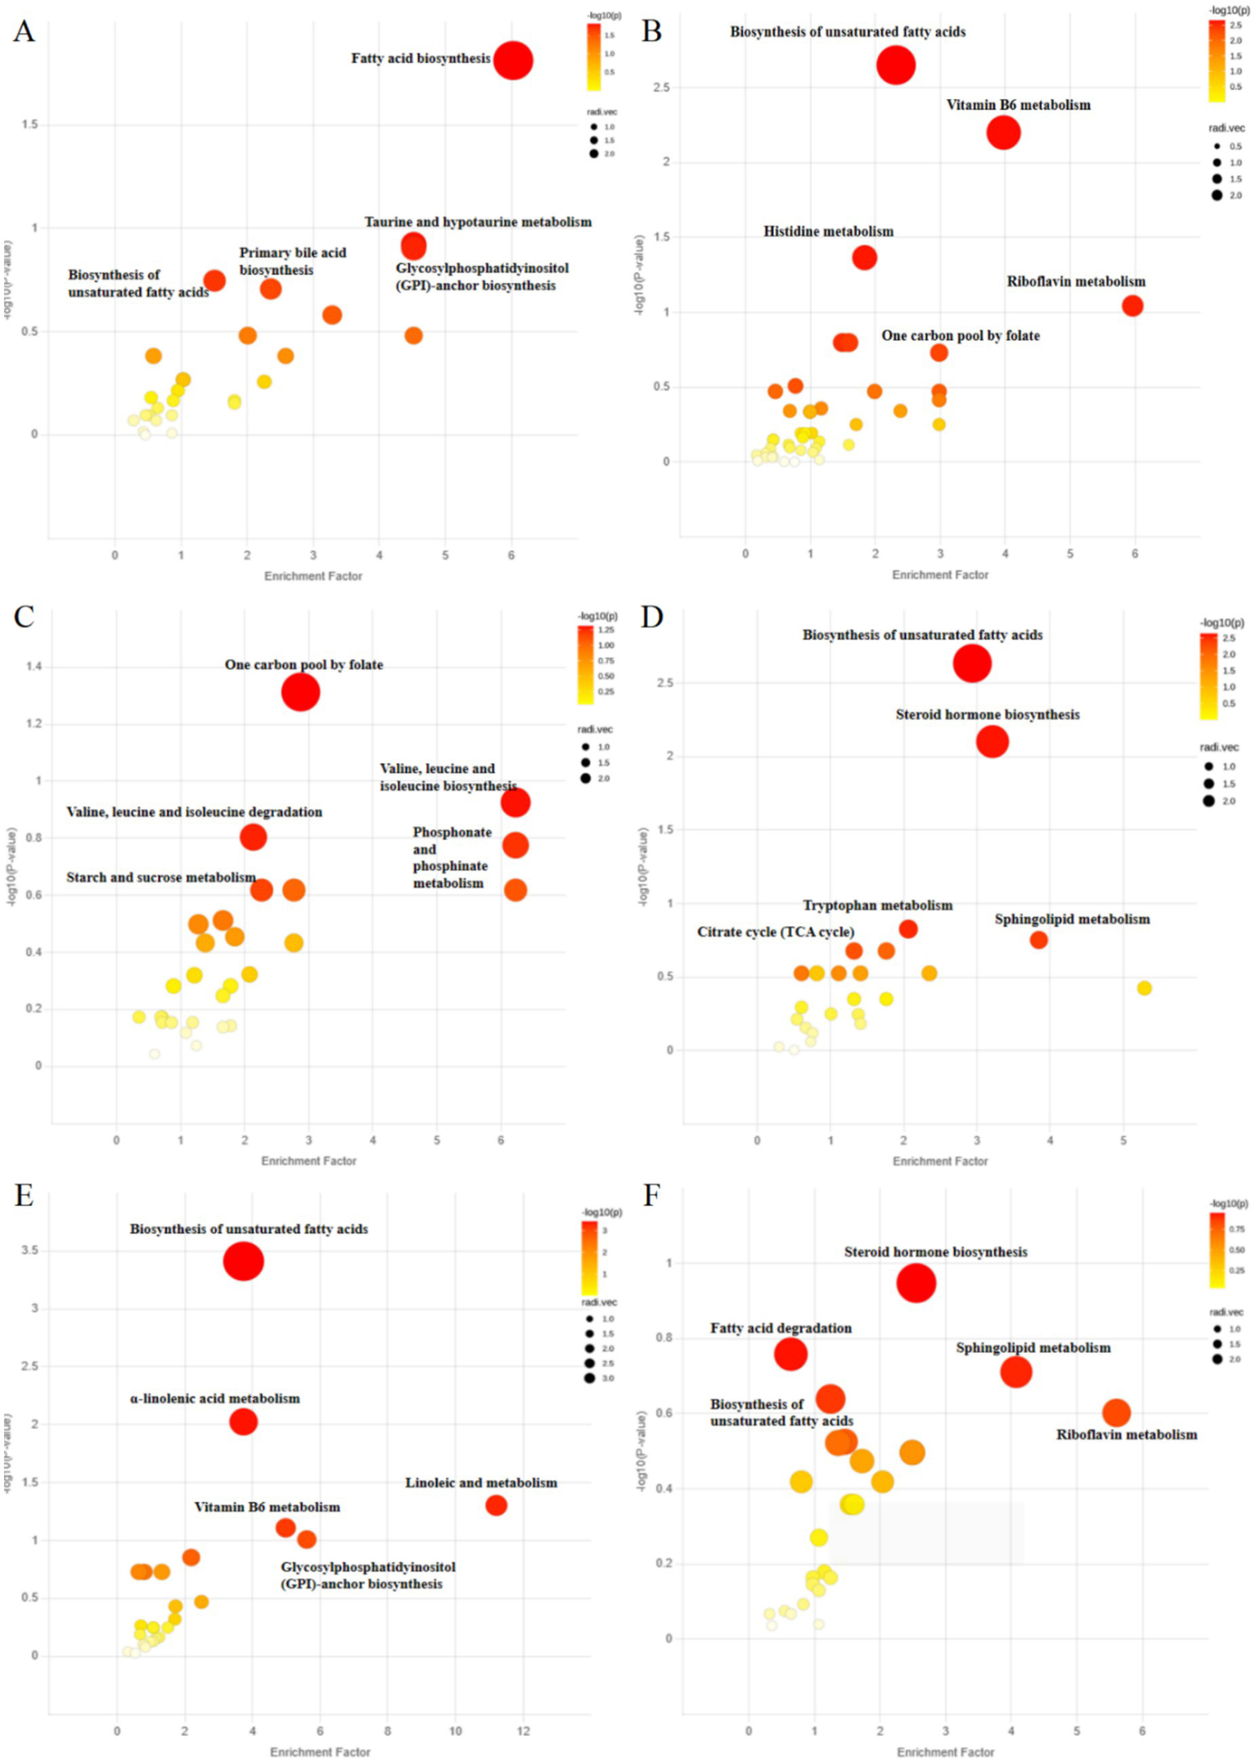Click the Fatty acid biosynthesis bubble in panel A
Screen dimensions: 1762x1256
(x=512, y=61)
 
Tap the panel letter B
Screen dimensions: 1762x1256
(x=651, y=31)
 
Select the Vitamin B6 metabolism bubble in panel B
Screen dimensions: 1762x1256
(x=1003, y=133)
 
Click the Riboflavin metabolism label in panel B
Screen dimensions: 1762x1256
(x=1075, y=281)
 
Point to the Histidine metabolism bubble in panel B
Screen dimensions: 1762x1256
(x=864, y=258)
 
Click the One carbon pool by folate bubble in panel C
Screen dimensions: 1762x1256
(x=300, y=693)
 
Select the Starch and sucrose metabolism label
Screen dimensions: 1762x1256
(x=161, y=877)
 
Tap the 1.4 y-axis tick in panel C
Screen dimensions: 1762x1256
(x=34, y=667)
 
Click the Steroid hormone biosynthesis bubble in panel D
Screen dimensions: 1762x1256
(x=992, y=742)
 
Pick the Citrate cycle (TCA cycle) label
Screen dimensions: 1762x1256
(x=775, y=932)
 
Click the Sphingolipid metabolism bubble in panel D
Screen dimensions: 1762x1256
(x=1038, y=940)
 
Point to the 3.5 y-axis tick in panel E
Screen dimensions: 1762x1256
(x=29, y=1251)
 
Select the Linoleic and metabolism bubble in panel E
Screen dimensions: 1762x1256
(x=496, y=1505)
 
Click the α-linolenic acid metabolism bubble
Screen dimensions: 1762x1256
(x=243, y=1422)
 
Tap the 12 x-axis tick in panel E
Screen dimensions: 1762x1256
(x=523, y=1731)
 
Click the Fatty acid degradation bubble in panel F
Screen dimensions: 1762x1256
(x=790, y=1354)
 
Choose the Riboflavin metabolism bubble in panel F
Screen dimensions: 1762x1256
(x=1116, y=1412)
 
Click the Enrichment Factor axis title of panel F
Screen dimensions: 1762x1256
(x=945, y=1752)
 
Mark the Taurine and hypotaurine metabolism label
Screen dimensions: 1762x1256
(x=478, y=222)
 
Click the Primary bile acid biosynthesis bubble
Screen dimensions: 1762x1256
(x=271, y=289)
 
